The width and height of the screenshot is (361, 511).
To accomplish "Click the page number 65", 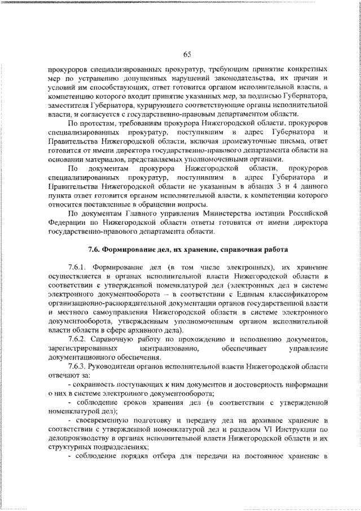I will coord(187,54).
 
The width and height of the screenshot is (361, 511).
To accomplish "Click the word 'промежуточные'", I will coord(231,141).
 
